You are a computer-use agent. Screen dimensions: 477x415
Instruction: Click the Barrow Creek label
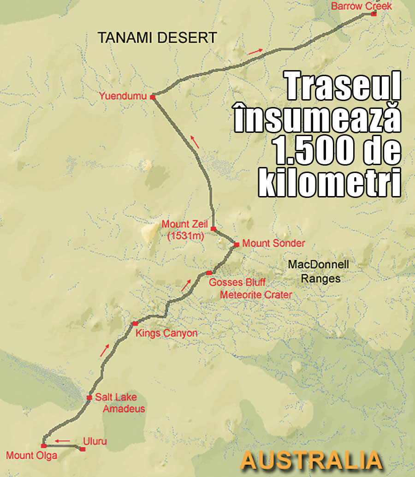[x=362, y=6]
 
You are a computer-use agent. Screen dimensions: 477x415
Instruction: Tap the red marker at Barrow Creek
[x=373, y=14]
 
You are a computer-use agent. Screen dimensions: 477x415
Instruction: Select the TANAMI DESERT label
[x=157, y=38]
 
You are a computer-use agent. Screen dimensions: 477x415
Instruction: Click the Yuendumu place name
[x=122, y=96]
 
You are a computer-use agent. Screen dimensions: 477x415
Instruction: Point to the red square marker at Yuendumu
[x=152, y=97]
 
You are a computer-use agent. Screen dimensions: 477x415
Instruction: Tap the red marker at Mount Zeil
[x=213, y=229]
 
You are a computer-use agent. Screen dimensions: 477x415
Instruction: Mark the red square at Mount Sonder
[x=236, y=244]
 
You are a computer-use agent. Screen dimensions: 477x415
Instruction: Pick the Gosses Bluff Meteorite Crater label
[x=250, y=288]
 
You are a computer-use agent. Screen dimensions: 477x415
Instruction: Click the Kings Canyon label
[x=166, y=333]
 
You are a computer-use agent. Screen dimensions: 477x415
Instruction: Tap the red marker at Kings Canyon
[x=135, y=324]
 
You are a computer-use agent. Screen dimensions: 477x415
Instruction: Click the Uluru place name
[x=95, y=441]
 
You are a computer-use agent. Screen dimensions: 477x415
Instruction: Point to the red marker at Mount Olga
[x=43, y=446]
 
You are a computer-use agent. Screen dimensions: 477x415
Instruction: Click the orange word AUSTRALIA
[x=312, y=460]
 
